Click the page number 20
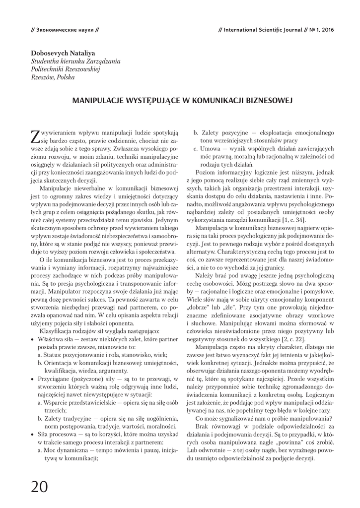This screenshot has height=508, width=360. point(39,487)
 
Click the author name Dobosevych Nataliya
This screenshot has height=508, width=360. point(63,53)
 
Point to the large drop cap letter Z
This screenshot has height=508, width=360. point(35,136)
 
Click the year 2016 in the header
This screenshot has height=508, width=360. point(327,30)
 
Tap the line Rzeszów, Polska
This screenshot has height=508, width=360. point(53,77)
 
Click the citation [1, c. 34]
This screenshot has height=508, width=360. point(293,220)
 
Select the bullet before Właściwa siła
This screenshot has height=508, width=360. point(32,337)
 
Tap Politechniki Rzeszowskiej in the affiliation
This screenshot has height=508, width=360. point(66,69)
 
